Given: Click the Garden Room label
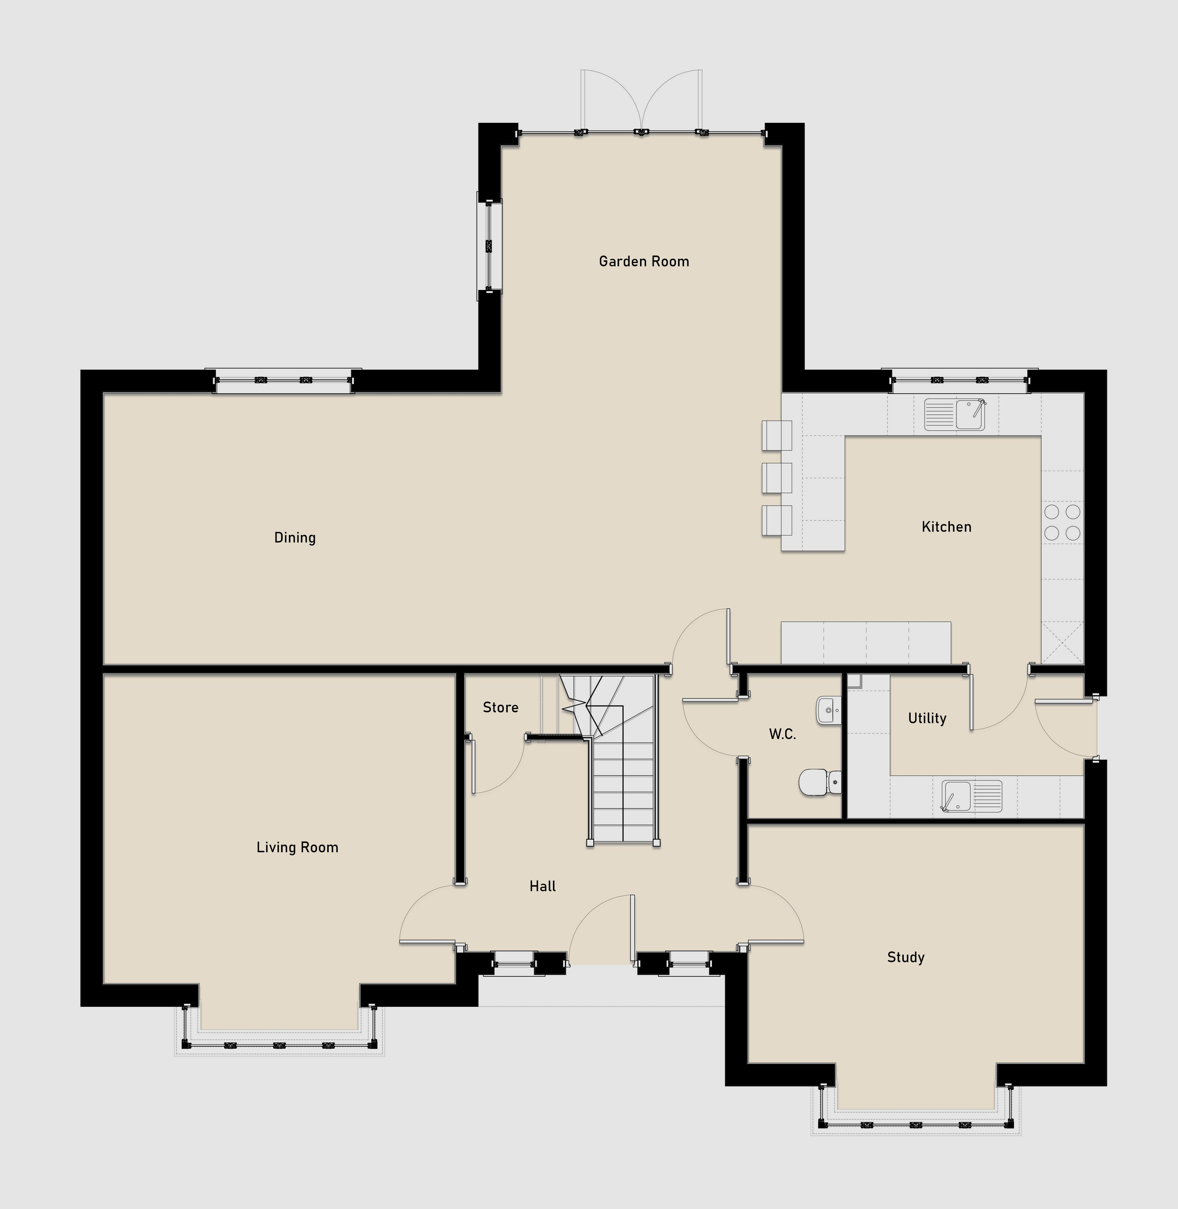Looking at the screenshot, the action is click(x=644, y=261).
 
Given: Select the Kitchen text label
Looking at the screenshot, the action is click(x=947, y=527).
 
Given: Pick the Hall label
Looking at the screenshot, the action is click(x=542, y=886).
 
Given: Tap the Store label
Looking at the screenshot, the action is click(x=501, y=707).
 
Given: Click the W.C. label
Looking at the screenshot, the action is click(x=782, y=734).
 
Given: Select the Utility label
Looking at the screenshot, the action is click(x=927, y=718).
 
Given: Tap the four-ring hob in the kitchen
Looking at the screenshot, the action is click(x=1062, y=522).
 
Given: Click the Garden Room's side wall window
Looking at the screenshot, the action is click(x=489, y=246).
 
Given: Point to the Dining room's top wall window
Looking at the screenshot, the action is click(x=283, y=381).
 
